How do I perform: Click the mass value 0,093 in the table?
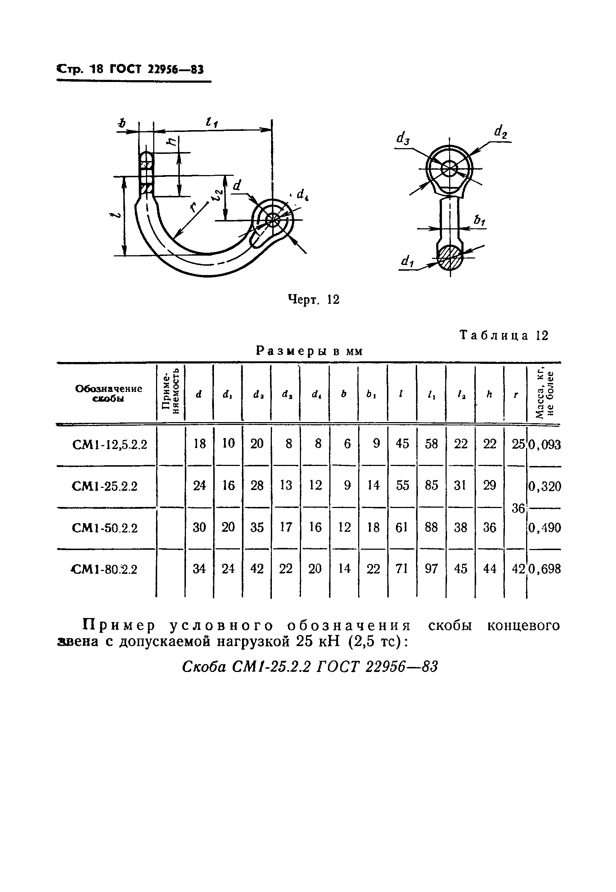click(x=544, y=445)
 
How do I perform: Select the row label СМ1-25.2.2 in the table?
click(x=105, y=486)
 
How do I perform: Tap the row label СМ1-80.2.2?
click(x=105, y=569)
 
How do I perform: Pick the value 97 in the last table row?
click(x=431, y=569)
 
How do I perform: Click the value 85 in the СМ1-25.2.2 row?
click(x=431, y=485)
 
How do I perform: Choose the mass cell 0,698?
click(x=544, y=569)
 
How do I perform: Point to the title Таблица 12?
click(x=504, y=335)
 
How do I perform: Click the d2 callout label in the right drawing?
click(x=501, y=132)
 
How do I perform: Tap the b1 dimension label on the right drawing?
click(x=479, y=220)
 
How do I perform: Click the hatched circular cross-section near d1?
click(x=450, y=257)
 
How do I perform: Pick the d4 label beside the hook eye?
click(x=302, y=195)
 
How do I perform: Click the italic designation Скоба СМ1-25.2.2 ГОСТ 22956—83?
click(x=310, y=666)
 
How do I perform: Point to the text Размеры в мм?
click(x=310, y=351)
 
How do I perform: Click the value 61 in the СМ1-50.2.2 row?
click(x=402, y=527)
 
